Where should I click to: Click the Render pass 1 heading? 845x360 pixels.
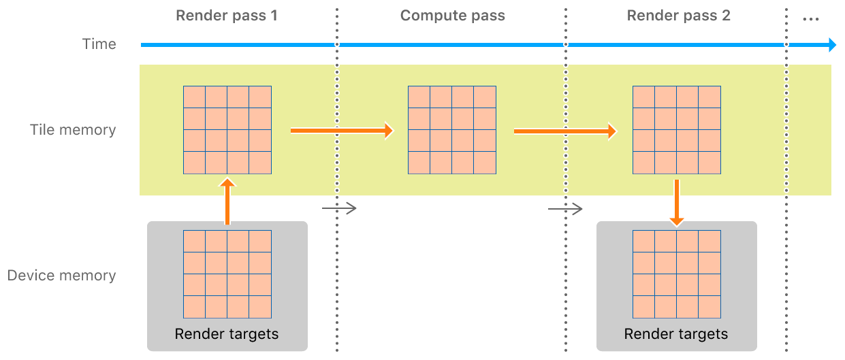227,16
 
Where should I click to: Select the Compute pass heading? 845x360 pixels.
452,16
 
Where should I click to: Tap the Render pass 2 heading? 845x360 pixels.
678,16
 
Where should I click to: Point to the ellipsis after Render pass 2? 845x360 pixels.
810,18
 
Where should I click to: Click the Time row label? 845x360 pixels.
99,44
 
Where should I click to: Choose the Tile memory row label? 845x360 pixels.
73,130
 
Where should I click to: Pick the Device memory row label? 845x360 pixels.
61,276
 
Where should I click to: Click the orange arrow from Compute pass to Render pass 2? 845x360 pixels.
565,131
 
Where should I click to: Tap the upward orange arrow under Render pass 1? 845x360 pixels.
227,201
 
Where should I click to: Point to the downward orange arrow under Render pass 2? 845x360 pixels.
676,203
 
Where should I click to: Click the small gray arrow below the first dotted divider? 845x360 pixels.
340,208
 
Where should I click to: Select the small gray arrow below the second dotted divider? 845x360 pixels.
566,208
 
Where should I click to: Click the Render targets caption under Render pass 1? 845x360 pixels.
227,334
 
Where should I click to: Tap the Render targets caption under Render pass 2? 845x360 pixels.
676,334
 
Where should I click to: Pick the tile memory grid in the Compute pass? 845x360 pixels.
452,130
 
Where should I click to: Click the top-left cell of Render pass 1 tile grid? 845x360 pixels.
194,97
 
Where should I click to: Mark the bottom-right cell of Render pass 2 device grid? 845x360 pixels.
709,307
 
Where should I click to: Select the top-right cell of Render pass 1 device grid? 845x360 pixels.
260,241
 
